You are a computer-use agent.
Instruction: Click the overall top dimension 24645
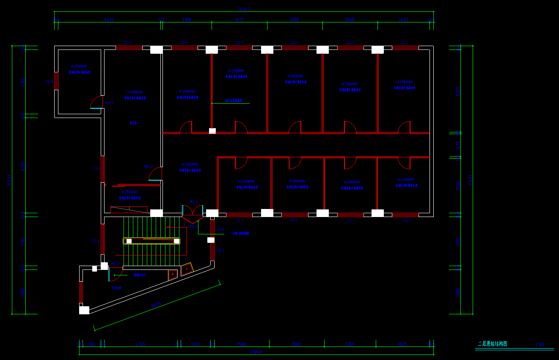point(243,9)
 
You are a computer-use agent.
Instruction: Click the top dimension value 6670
point(109,19)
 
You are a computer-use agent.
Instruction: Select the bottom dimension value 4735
point(140,344)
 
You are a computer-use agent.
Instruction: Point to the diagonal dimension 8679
point(156,305)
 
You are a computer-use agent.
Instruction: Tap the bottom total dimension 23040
point(256,352)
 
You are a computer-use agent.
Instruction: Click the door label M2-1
point(109,103)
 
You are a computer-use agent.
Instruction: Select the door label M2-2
point(148,167)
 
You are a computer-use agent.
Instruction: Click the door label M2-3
point(115,264)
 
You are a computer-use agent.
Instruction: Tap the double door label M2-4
point(194,202)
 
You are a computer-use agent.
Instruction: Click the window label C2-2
point(49,81)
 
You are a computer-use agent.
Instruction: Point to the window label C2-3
point(96,241)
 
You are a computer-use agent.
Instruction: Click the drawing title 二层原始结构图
point(492,344)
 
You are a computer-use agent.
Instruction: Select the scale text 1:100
point(540,345)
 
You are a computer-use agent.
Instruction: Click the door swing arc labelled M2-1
point(96,102)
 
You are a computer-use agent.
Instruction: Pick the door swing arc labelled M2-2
point(156,173)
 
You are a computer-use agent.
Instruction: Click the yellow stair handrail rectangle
point(151,241)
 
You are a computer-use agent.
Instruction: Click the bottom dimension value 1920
point(195,344)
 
